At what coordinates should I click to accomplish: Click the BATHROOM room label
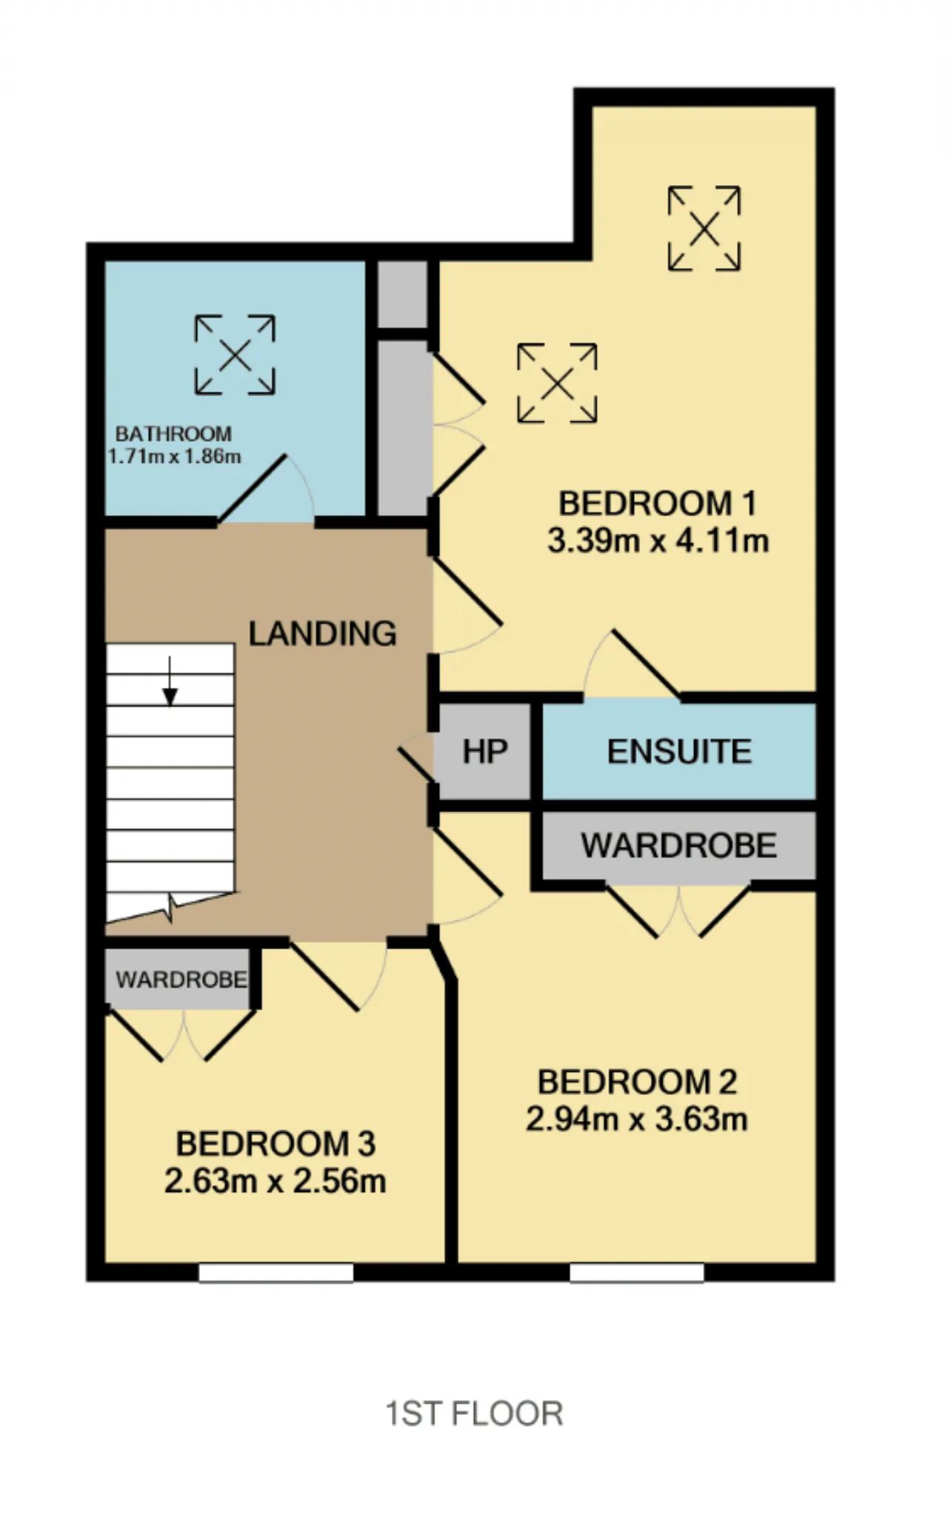[x=173, y=433]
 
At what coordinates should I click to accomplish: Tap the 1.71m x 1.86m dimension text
[x=175, y=456]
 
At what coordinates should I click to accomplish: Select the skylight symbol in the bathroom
[x=235, y=355]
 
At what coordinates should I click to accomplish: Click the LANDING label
[x=322, y=634]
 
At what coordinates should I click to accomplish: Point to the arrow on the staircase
[x=170, y=682]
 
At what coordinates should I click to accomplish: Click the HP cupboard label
[x=485, y=752]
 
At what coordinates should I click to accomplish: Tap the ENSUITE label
[x=679, y=752]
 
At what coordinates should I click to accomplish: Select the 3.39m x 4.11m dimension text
[x=658, y=541]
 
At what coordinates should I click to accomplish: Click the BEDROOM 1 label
[x=658, y=503]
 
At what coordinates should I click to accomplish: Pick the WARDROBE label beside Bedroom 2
[x=679, y=846]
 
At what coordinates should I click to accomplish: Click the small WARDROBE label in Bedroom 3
[x=181, y=980]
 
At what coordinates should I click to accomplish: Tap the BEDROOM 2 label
[x=637, y=1082]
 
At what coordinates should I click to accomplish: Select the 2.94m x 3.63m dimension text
[x=637, y=1119]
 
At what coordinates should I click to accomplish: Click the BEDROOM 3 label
[x=276, y=1144]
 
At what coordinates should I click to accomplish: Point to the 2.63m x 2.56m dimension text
[x=276, y=1181]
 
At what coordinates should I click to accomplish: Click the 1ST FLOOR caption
[x=475, y=1413]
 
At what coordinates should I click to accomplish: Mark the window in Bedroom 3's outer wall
[x=276, y=1273]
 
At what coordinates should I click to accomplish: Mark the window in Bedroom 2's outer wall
[x=636, y=1273]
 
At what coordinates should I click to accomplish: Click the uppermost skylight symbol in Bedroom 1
[x=704, y=228]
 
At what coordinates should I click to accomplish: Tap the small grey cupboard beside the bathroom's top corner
[x=402, y=293]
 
